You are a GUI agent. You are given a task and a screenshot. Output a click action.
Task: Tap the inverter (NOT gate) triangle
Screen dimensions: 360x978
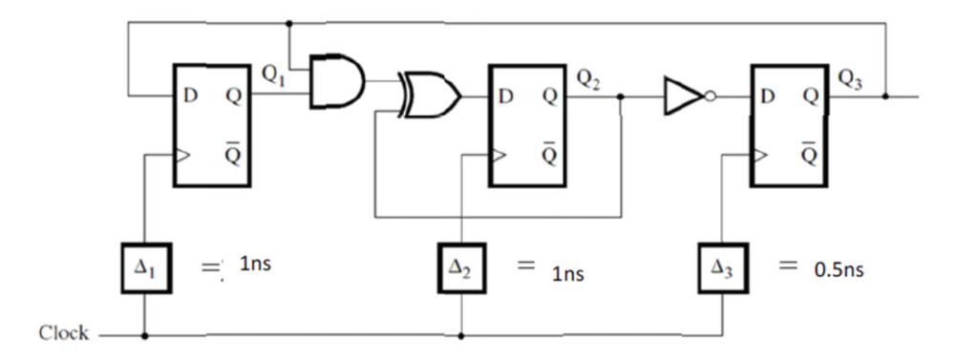tap(685, 96)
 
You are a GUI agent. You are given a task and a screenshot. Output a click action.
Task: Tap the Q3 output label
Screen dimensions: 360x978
tap(848, 79)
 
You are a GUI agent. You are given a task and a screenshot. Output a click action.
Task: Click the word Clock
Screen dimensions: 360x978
tap(63, 334)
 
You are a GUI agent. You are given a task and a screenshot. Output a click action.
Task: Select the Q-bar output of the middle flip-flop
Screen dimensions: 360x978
tap(548, 156)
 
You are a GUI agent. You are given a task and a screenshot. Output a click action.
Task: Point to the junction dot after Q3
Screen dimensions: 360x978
tap(885, 96)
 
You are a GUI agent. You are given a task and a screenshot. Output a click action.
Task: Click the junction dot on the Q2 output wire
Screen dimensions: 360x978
tap(622, 96)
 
